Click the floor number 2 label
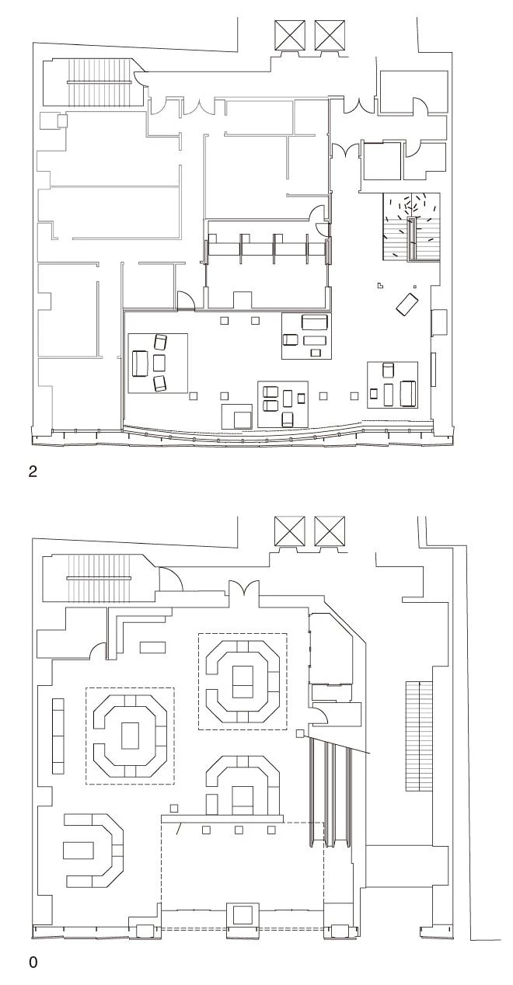[x=33, y=472]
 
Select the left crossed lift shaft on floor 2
[x=289, y=36]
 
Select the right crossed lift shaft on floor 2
[x=330, y=36]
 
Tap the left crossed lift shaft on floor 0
[x=289, y=531]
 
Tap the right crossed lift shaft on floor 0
[x=330, y=531]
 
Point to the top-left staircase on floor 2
[x=99, y=82]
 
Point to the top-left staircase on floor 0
[x=99, y=578]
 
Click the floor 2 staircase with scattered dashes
[x=412, y=227]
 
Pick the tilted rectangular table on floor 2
[x=407, y=304]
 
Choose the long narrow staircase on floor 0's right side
[x=419, y=736]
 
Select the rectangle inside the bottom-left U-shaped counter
[x=78, y=850]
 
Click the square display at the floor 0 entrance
[x=243, y=914]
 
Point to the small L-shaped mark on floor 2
[x=380, y=284]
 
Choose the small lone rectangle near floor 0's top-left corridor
[x=152, y=647]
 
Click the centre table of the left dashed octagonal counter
[x=130, y=735]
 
